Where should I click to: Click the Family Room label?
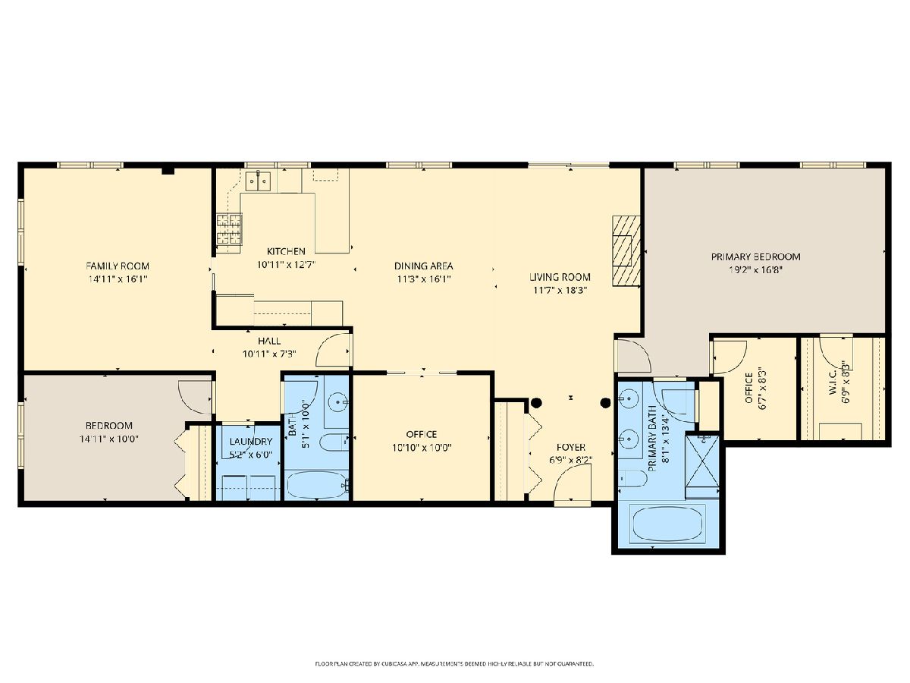tap(118, 266)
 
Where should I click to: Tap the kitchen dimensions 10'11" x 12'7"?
tap(287, 265)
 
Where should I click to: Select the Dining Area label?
tap(423, 266)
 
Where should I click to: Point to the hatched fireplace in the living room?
tap(626, 250)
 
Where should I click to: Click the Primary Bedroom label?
tap(756, 257)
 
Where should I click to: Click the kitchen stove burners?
tap(229, 229)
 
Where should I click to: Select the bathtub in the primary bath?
tap(668, 524)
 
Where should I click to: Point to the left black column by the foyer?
tap(536, 402)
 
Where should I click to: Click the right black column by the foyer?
tap(606, 402)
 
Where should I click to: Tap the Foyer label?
tap(571, 447)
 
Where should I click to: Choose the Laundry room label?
tap(251, 441)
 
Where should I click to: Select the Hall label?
tap(269, 341)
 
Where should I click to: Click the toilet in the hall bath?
tap(334, 442)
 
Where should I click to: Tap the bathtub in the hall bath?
tap(318, 484)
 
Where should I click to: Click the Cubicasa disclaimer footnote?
tap(454, 664)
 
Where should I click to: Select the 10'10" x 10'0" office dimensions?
tap(422, 448)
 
